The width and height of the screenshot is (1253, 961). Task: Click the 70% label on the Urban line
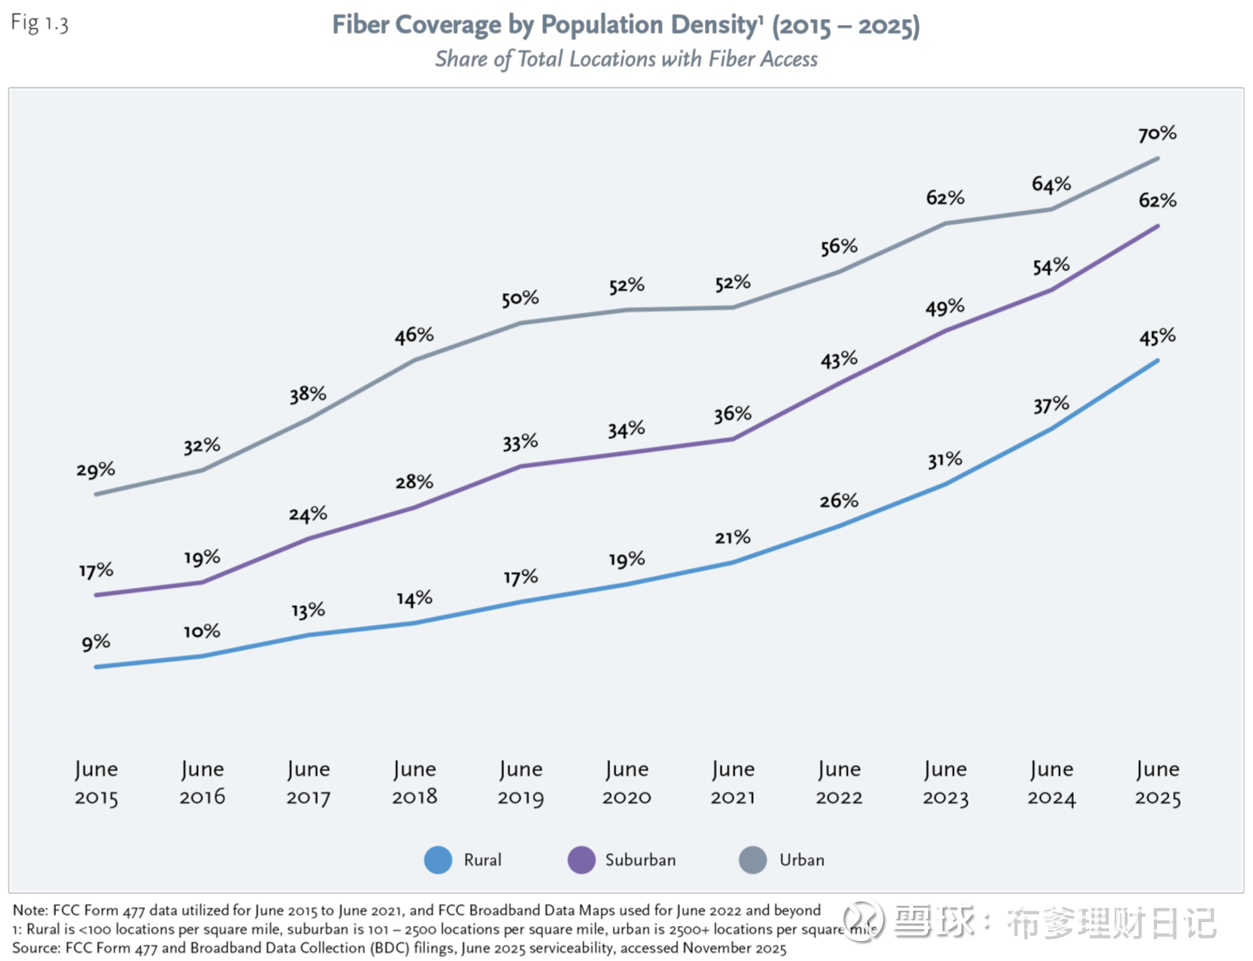tap(1157, 134)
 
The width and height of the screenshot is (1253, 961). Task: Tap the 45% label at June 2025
tap(1157, 337)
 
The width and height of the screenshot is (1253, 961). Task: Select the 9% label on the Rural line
tap(95, 642)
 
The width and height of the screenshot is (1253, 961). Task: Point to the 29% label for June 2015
tap(95, 470)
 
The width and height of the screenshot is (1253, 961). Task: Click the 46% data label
tap(414, 334)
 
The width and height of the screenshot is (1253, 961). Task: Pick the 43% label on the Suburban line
tap(839, 360)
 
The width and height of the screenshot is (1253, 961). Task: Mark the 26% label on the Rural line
tap(839, 500)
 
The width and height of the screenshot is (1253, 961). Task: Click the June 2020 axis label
tap(626, 782)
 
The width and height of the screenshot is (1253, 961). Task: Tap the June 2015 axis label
tap(96, 782)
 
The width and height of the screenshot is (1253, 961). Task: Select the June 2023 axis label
tap(945, 782)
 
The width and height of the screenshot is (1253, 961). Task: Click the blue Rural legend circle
tap(438, 860)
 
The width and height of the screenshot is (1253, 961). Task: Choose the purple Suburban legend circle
tap(581, 860)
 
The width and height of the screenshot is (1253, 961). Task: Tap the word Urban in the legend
tap(801, 860)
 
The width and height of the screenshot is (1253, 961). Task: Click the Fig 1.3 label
tap(39, 23)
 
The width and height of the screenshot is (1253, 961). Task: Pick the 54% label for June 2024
tap(1051, 266)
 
